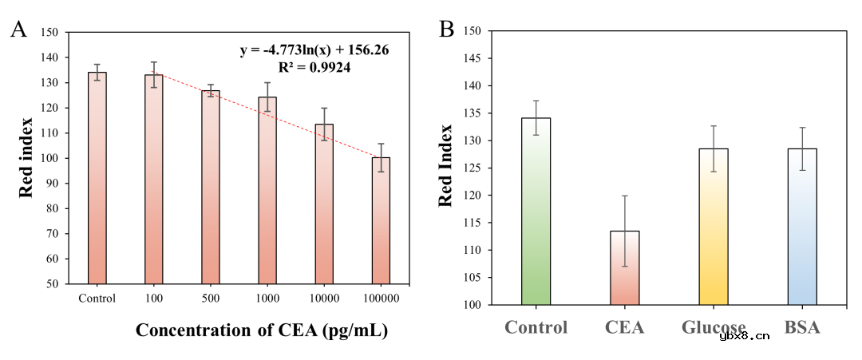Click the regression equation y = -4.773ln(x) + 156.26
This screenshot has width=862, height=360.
pos(314,50)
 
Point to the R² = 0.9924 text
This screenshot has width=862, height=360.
pos(314,68)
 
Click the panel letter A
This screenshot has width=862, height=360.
pos(18,30)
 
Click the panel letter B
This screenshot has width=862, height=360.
pos(447,30)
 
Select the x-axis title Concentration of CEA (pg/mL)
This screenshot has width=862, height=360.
pos(262,330)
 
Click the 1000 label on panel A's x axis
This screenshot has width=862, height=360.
pos(267,299)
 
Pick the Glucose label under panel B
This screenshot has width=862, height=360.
pos(714,327)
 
